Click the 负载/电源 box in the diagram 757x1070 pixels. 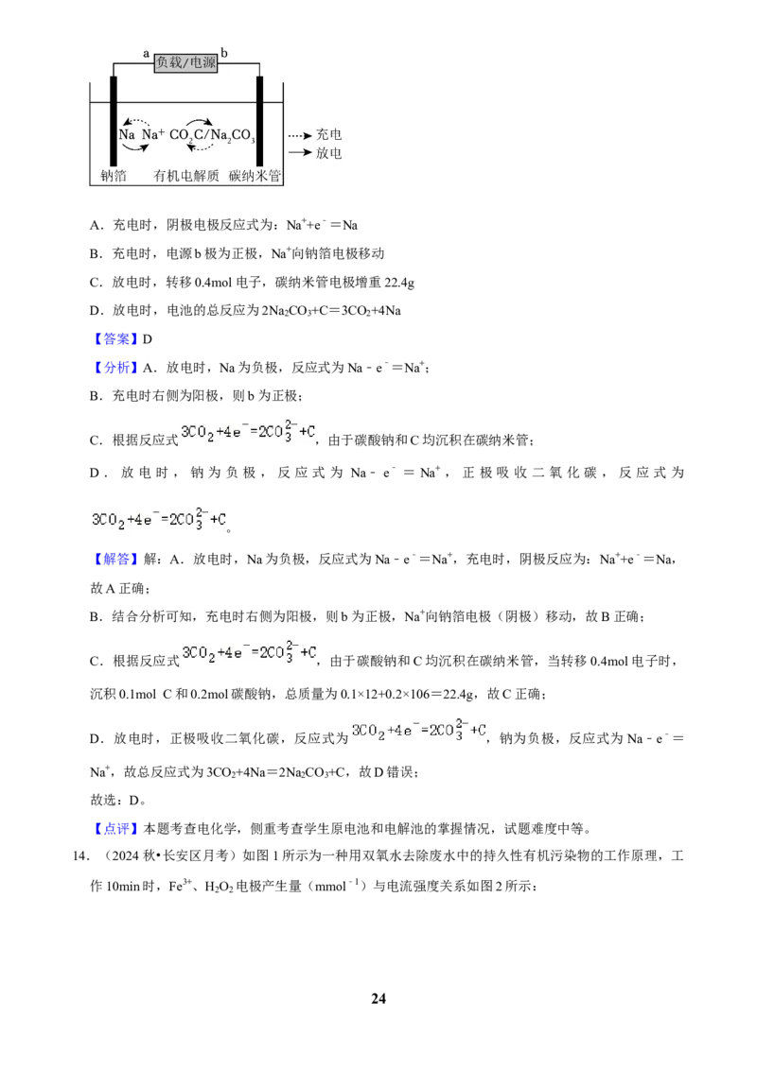[x=185, y=63]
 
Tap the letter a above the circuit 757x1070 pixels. [x=146, y=53]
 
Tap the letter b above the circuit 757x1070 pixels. [x=224, y=53]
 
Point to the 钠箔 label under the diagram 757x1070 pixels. [x=114, y=176]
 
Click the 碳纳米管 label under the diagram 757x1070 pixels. [x=255, y=176]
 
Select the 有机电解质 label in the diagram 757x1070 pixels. [x=185, y=176]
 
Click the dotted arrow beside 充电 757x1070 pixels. [x=299, y=135]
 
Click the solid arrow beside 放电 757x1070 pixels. [x=299, y=152]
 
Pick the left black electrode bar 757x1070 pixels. [x=114, y=121]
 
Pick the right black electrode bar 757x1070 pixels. [x=259, y=121]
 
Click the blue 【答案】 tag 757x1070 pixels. [x=114, y=339]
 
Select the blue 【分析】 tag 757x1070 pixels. [x=114, y=368]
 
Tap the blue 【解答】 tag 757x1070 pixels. [x=114, y=560]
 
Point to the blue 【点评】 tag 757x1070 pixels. [x=114, y=829]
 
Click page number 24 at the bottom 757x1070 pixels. [x=378, y=998]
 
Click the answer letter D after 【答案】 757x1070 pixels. [x=147, y=339]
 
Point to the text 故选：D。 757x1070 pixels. [x=118, y=801]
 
